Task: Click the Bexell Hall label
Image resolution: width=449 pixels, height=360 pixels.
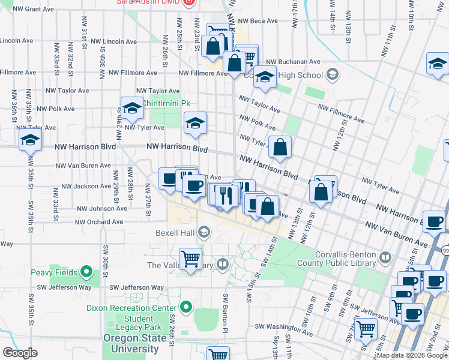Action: [x=174, y=232]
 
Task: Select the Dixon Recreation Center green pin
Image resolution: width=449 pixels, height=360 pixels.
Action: [x=186, y=308]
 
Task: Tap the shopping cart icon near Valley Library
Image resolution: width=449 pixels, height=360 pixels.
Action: [x=191, y=259]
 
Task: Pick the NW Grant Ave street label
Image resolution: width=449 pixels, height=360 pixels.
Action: [x=33, y=9]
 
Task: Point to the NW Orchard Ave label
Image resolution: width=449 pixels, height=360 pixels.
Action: [x=101, y=222]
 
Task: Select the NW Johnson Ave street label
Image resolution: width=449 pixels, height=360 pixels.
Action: [x=103, y=209]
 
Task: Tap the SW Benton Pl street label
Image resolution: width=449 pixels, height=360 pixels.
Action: [x=226, y=313]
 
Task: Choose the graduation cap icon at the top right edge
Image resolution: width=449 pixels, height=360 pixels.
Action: [x=438, y=64]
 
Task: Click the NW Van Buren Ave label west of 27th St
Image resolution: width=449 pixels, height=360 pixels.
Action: [x=83, y=166]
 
